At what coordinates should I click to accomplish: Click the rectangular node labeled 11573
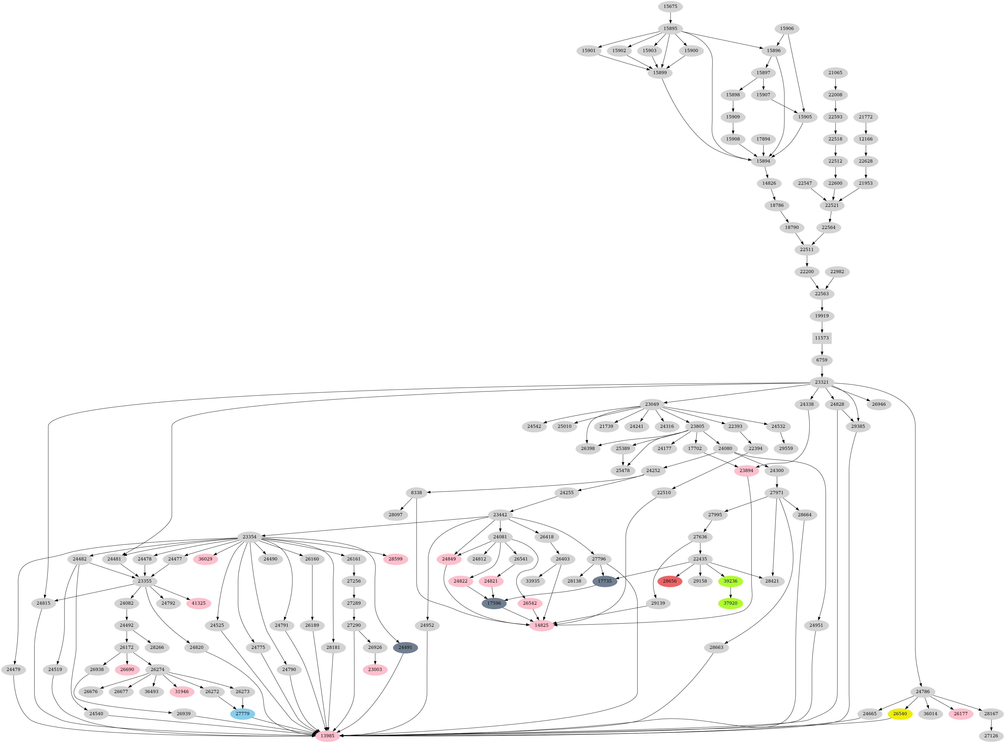coord(822,338)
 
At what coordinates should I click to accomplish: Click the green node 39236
coord(731,581)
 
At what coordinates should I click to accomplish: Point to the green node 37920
coord(731,603)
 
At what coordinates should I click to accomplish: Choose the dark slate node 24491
coord(405,648)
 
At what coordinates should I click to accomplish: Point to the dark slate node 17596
coord(494,603)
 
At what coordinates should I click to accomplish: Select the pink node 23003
coord(375,670)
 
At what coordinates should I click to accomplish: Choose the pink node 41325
coord(199,603)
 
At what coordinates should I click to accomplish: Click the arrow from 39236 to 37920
coord(731,592)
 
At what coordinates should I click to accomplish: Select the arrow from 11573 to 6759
coord(822,349)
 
